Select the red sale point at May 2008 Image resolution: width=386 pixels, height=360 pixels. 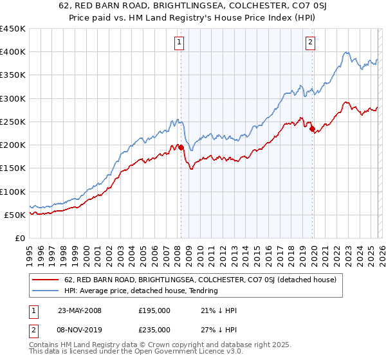[x=181, y=147]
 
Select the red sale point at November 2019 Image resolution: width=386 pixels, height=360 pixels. [x=312, y=129]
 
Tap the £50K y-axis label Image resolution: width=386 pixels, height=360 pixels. [x=15, y=215]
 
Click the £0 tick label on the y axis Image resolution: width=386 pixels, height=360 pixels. [x=21, y=238]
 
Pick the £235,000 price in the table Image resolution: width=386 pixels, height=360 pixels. [x=154, y=329]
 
